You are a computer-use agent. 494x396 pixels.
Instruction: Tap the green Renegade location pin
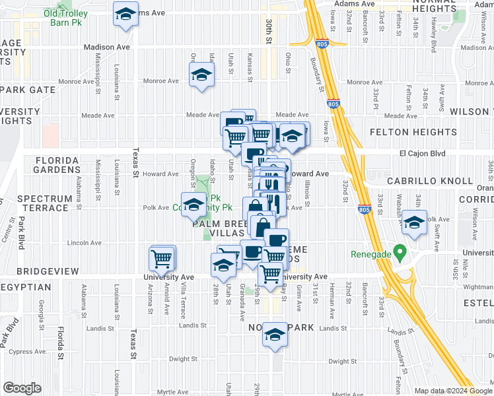(x=399, y=252)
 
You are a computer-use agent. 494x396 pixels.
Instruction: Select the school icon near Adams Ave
(x=125, y=15)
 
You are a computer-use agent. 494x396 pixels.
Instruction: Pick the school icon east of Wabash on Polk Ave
(x=414, y=224)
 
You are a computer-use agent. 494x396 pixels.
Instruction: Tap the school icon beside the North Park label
(x=275, y=335)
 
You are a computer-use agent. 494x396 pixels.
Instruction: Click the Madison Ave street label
(x=108, y=47)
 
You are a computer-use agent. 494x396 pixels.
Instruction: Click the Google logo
(x=22, y=388)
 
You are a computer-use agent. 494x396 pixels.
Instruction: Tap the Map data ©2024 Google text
(x=453, y=390)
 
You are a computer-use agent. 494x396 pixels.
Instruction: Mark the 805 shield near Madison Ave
(x=322, y=44)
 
